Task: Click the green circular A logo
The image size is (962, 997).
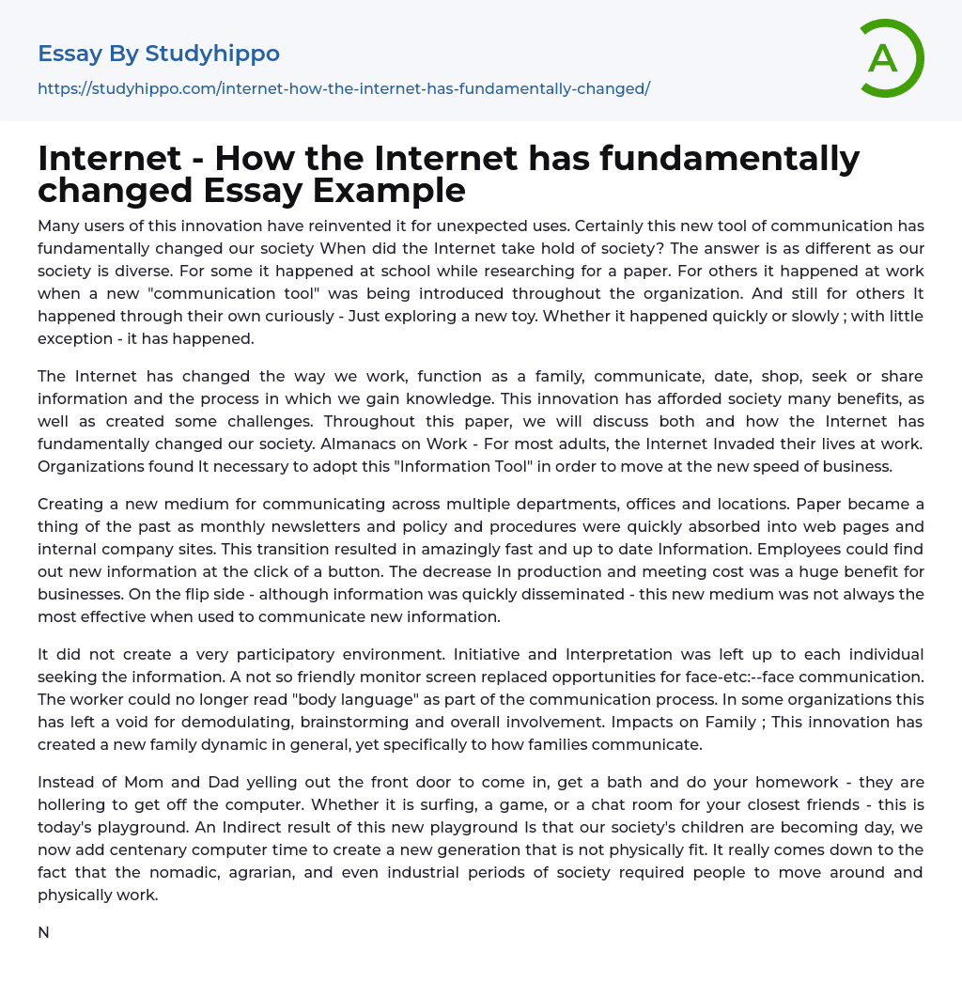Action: click(888, 58)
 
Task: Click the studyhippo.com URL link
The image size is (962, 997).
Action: click(344, 88)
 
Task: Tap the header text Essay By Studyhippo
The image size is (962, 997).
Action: click(159, 54)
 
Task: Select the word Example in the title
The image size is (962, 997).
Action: click(389, 190)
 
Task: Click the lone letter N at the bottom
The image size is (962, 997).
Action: click(43, 933)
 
